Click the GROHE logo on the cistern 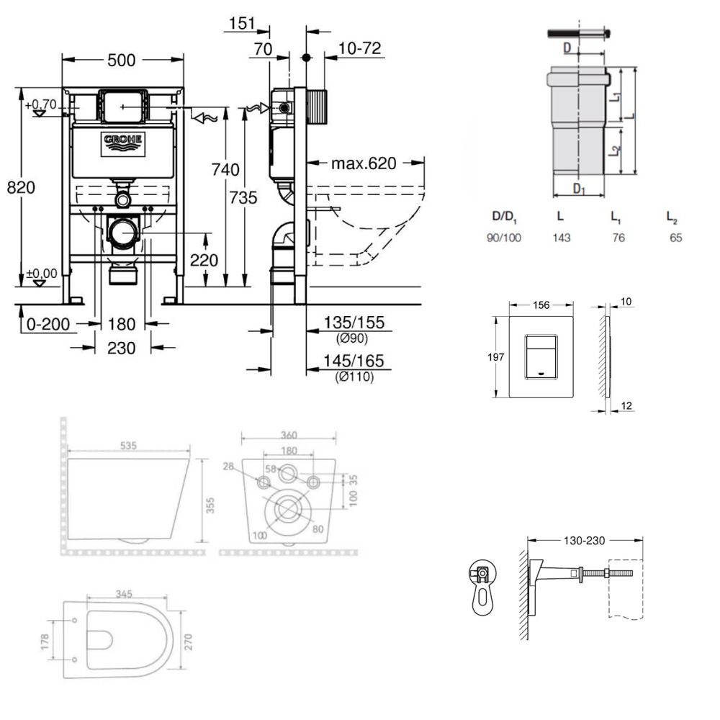[x=123, y=144]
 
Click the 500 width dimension [x=121, y=60]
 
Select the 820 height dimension [x=21, y=187]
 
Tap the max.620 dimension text [x=364, y=163]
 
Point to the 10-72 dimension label [x=359, y=48]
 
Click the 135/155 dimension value [x=354, y=323]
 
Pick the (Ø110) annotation [x=354, y=377]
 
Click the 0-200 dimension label [x=48, y=324]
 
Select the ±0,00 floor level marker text [x=42, y=274]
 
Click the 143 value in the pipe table [x=561, y=238]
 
